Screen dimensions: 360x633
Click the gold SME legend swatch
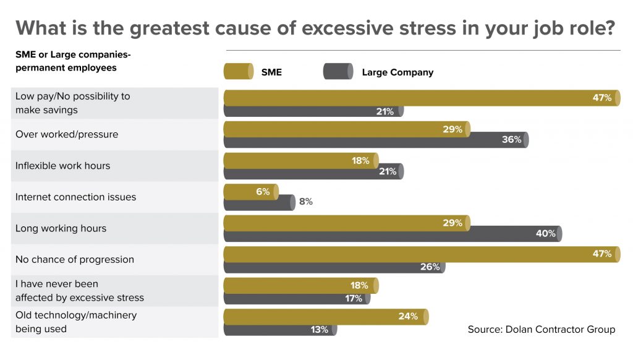coord(238,72)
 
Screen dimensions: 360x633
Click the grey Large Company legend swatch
coord(338,72)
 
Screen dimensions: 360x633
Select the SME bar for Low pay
coord(420,98)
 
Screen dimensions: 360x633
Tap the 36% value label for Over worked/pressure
coord(511,140)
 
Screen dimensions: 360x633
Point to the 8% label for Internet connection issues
coord(306,202)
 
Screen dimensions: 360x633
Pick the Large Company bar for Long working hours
coord(393,234)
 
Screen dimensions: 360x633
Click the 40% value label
coord(545,234)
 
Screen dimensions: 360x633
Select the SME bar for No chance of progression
coord(420,254)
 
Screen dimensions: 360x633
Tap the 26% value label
coord(429,267)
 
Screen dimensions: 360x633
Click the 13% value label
coord(319,330)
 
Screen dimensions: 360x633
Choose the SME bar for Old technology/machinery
coord(325,316)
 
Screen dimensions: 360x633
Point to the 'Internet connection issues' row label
coord(75,197)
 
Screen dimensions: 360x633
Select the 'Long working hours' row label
coord(61,228)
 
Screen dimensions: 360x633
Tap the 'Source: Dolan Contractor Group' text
coord(541,330)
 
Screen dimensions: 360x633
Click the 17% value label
coord(353,299)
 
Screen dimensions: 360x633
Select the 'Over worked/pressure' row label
coord(67,134)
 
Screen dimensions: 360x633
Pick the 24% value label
coord(408,316)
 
